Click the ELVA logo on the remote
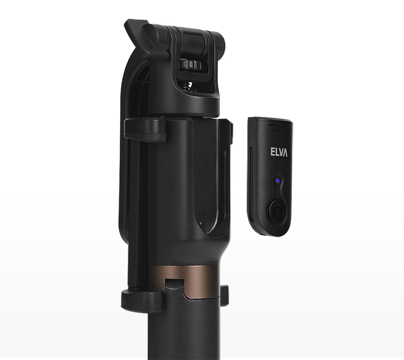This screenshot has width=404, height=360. pyautogui.click(x=279, y=152)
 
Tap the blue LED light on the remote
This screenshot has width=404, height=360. pyautogui.click(x=277, y=180)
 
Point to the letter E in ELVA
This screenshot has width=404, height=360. pyautogui.click(x=272, y=152)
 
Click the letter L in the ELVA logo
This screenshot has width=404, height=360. pyautogui.click(x=277, y=152)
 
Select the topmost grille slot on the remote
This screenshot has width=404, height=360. pyautogui.click(x=279, y=124)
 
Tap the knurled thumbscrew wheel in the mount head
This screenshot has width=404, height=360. pyautogui.click(x=192, y=64)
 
